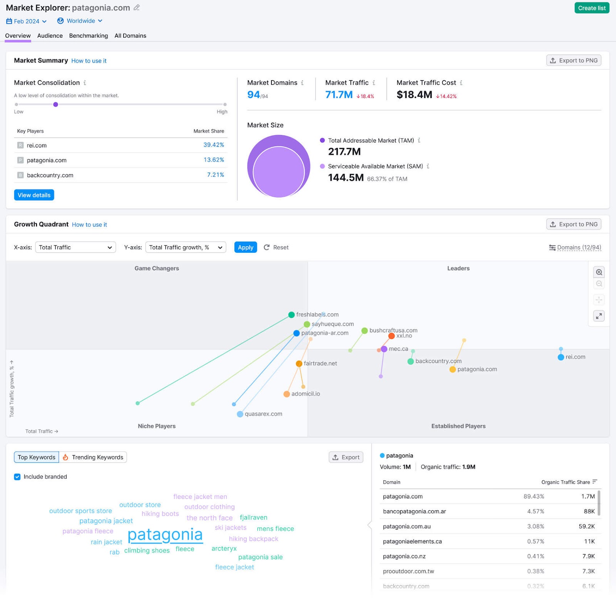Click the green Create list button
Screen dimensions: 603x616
click(591, 8)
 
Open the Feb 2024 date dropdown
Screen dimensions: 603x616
click(26, 21)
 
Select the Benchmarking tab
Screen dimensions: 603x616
click(89, 36)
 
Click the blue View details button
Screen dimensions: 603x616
click(34, 195)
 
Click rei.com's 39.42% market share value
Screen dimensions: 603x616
click(214, 145)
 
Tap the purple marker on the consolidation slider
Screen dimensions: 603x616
click(55, 104)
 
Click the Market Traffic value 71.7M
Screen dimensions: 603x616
click(339, 95)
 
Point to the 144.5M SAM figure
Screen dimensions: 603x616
click(346, 178)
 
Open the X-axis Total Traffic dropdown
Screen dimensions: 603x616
click(75, 247)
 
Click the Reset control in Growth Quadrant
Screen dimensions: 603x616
click(276, 247)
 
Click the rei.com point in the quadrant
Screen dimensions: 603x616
click(561, 357)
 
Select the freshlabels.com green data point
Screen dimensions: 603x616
click(291, 315)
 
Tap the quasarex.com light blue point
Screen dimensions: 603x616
click(240, 414)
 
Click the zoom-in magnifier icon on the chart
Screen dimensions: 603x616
click(599, 272)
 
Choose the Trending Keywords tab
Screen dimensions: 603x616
click(93, 457)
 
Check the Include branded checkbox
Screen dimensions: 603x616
click(17, 477)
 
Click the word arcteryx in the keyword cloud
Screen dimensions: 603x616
click(224, 549)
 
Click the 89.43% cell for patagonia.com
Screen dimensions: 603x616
click(534, 497)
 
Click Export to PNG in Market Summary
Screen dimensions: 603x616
click(574, 60)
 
